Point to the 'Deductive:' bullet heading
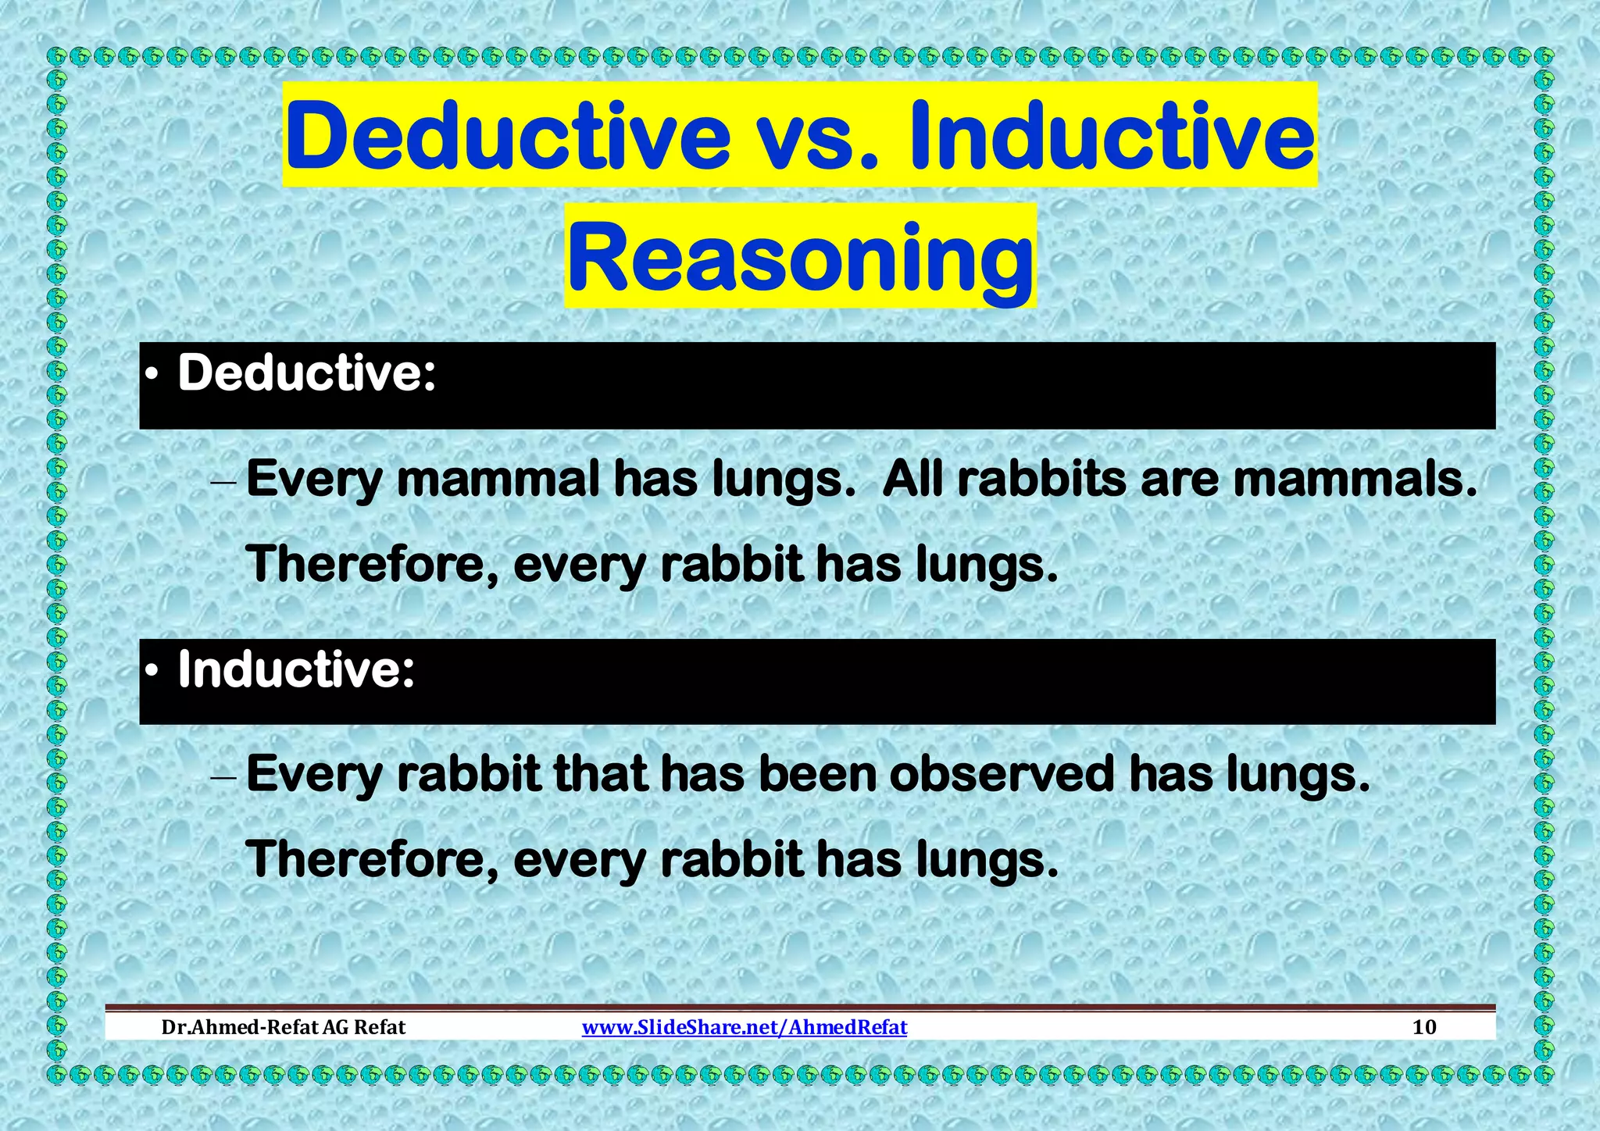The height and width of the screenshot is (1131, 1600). coord(306,373)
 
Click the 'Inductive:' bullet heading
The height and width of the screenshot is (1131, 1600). coord(296,670)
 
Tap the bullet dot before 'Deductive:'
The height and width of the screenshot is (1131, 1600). coord(153,377)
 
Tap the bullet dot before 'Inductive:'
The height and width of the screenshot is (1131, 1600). coord(153,673)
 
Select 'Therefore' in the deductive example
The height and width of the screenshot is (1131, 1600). coord(372,564)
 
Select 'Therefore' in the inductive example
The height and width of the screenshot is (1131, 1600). coord(372,859)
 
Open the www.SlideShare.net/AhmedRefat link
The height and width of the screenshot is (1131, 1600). coord(744,1027)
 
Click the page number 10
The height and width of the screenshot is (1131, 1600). coord(1424,1027)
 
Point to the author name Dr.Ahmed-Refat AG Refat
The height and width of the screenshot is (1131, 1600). coord(283,1027)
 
